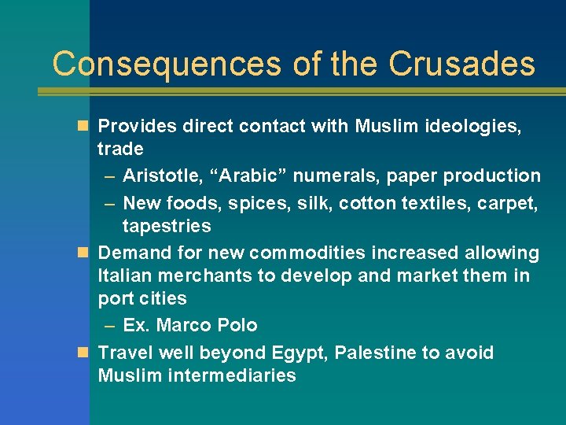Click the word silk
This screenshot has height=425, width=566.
click(x=310, y=203)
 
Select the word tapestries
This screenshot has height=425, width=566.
click(x=167, y=226)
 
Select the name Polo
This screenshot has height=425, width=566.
click(x=238, y=325)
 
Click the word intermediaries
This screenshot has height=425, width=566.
click(x=232, y=375)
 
